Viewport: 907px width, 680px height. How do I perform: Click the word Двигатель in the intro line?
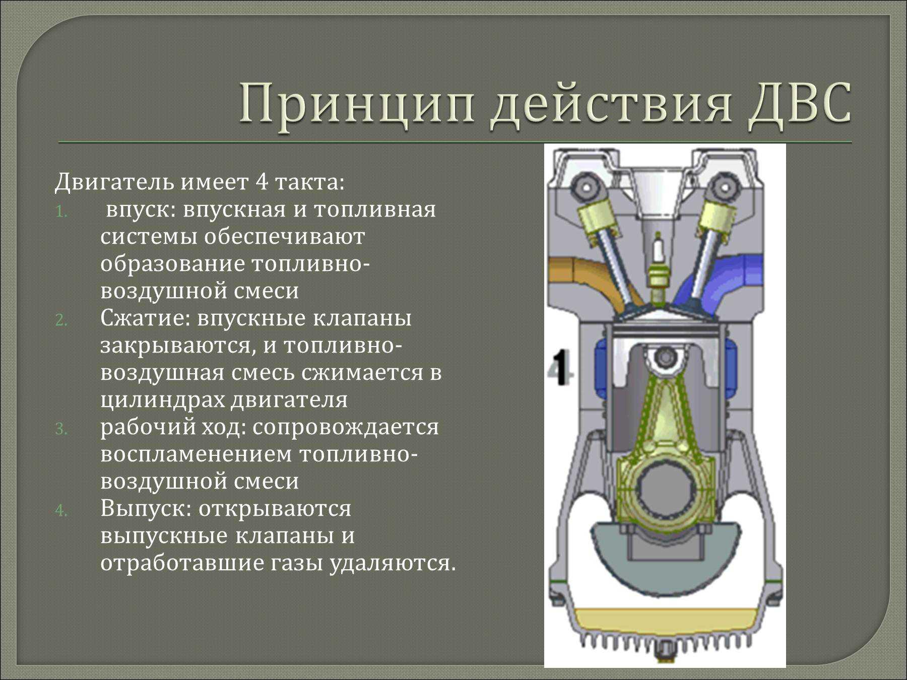[114, 182]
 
